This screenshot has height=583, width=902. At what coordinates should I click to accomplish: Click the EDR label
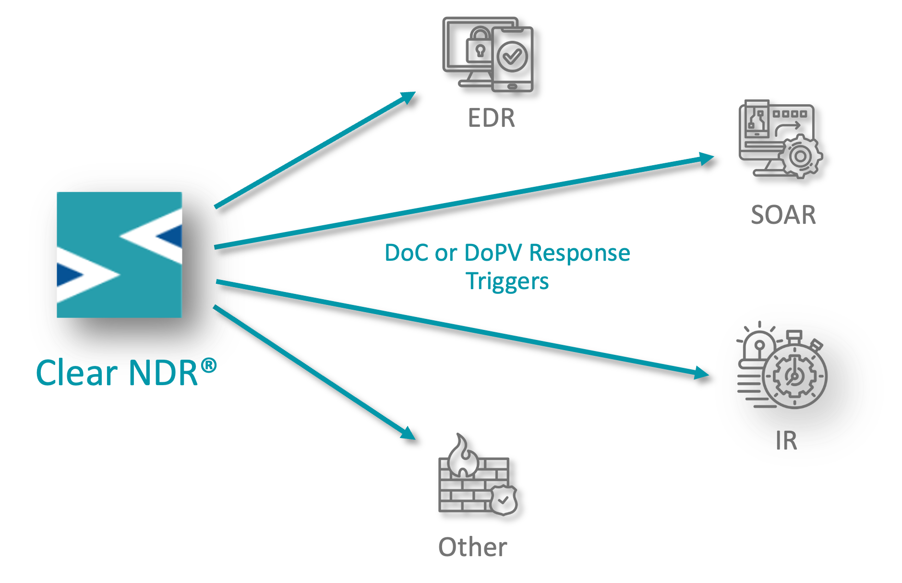[x=491, y=118]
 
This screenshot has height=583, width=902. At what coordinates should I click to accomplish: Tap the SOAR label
[x=783, y=215]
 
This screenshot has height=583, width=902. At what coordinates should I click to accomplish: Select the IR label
[x=786, y=440]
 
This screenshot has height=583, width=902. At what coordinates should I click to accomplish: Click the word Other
[x=472, y=547]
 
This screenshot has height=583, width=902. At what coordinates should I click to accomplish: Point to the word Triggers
[x=507, y=281]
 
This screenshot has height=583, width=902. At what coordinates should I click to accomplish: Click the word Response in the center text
[x=579, y=253]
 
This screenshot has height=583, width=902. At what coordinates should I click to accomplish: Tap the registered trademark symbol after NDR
[x=208, y=366]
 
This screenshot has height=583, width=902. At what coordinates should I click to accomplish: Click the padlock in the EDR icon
[x=478, y=44]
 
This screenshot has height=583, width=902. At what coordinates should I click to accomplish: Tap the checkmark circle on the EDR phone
[x=512, y=57]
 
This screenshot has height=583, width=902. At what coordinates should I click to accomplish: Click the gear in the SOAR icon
[x=800, y=156]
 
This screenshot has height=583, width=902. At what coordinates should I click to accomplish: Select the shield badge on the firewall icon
[x=503, y=500]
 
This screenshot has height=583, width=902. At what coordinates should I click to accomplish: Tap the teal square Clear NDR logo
[x=120, y=255]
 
